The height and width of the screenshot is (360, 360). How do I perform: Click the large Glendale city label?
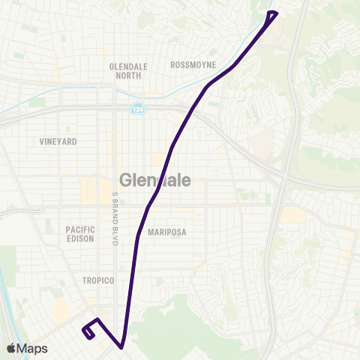point(155,180)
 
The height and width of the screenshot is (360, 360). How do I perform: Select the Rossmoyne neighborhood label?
point(193,64)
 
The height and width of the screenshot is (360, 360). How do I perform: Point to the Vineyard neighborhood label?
point(58,141)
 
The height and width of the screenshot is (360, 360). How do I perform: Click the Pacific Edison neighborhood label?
point(80,233)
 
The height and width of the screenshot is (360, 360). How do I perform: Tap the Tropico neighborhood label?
point(97,280)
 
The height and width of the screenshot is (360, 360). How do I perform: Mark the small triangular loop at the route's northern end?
point(272,15)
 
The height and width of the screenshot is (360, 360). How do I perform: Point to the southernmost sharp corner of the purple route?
point(121,347)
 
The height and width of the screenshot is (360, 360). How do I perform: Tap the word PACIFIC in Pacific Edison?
point(80,229)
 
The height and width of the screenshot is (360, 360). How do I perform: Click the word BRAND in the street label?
point(115,209)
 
